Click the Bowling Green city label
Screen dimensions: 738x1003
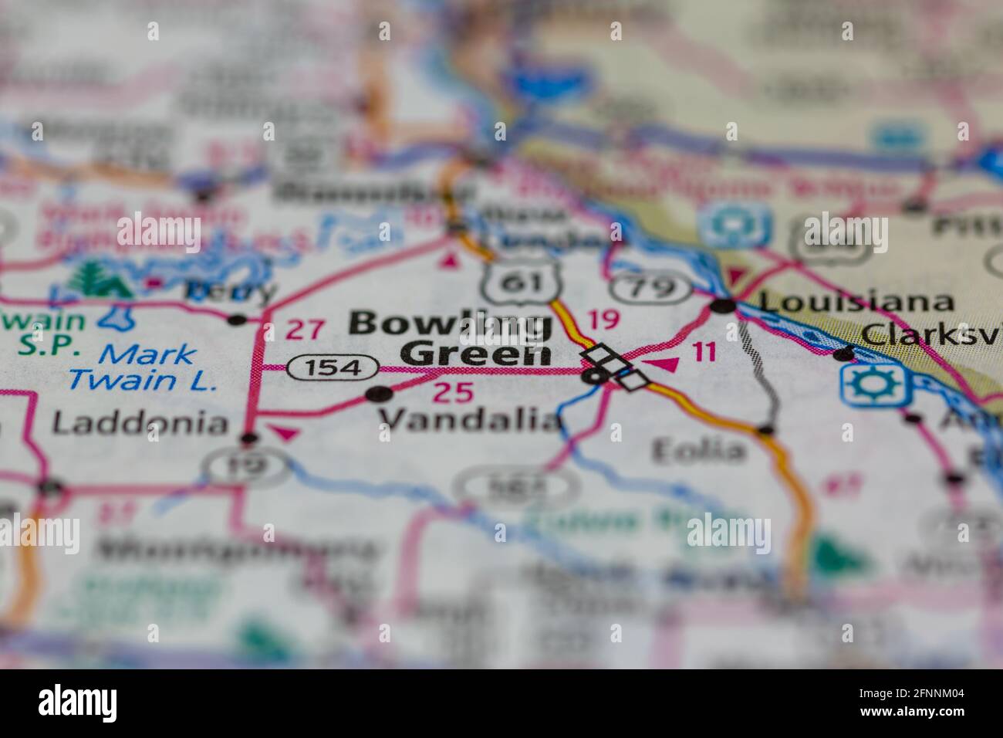point(451,338)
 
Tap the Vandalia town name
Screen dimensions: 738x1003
point(470,420)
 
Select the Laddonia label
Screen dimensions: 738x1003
point(141,422)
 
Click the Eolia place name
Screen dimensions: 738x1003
point(699,450)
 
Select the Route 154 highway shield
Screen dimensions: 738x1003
point(333,368)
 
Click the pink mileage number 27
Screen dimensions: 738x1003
point(304,330)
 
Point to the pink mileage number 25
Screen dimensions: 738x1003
point(452,392)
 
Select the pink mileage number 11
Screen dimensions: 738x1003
point(703,353)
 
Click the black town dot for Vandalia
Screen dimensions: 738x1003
point(378,395)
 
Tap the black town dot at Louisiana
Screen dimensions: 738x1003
point(723,306)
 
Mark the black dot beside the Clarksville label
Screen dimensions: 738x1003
point(843,355)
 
